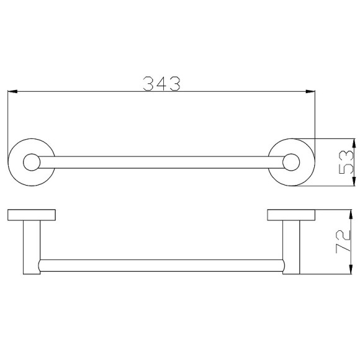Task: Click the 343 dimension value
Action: (x=161, y=83)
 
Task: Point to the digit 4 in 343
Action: (x=161, y=83)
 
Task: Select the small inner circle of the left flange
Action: (x=30, y=163)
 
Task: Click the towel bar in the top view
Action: (x=160, y=163)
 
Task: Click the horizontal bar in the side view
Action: (x=160, y=267)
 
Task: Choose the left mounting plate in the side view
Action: (x=31, y=215)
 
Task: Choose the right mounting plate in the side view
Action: (x=290, y=215)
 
